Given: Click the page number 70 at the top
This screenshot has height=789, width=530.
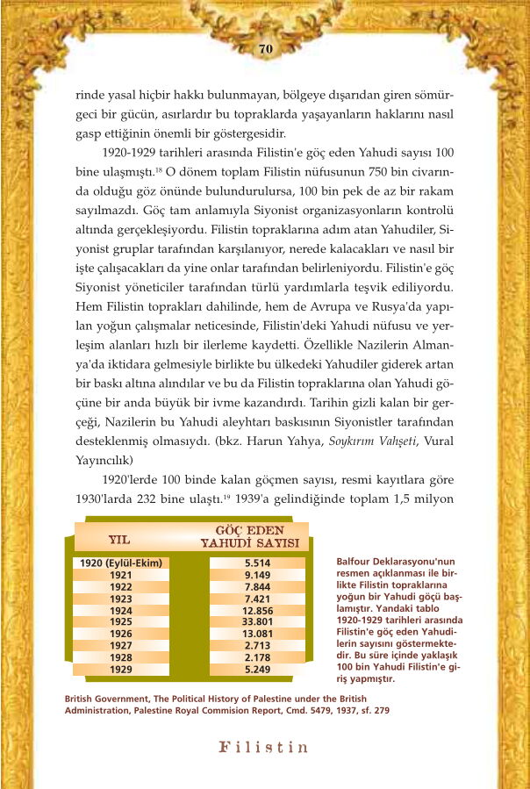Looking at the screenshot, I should click(265, 49).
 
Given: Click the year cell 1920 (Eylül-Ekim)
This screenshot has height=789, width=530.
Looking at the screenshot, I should click(121, 563).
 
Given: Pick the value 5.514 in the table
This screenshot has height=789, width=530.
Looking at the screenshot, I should click(257, 563).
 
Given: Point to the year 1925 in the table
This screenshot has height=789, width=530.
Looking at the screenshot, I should click(121, 621).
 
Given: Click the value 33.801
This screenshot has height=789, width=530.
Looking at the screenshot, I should click(257, 621).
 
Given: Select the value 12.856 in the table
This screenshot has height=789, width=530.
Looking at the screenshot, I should click(257, 610).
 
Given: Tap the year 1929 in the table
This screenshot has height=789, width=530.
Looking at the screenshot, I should click(121, 669).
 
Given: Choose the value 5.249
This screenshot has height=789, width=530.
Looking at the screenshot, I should click(257, 669).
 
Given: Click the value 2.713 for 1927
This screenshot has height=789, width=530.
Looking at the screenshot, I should click(257, 645).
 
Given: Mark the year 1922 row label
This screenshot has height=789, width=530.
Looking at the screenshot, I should click(121, 586).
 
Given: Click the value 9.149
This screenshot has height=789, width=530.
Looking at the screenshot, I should click(257, 575).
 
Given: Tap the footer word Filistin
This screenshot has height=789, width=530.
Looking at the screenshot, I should click(264, 748).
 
